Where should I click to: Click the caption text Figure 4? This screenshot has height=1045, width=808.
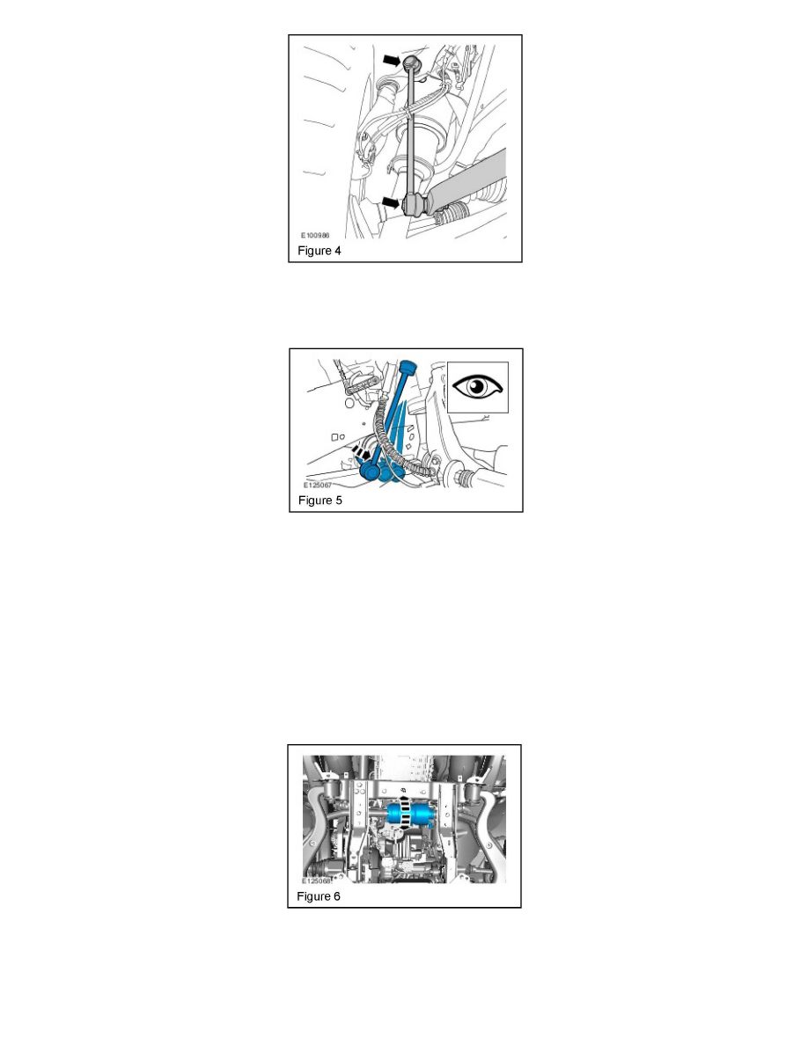319,251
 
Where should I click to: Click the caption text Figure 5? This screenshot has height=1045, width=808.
319,501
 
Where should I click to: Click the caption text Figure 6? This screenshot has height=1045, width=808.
318,897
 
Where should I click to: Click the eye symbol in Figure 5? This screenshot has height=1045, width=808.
478,386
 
